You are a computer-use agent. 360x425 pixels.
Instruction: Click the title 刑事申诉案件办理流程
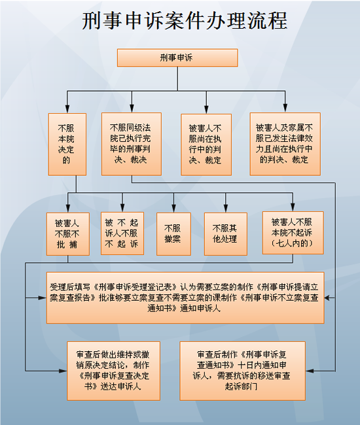(185, 20)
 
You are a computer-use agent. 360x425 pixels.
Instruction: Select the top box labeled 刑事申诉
(177, 58)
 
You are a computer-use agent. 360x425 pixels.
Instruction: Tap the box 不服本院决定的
(67, 144)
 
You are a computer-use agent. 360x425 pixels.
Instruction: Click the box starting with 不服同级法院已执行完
(132, 144)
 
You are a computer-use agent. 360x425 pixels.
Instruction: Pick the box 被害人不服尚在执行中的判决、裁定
(206, 144)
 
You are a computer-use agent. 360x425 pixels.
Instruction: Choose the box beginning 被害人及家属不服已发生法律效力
(285, 144)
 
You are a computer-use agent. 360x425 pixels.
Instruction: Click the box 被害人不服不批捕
(68, 234)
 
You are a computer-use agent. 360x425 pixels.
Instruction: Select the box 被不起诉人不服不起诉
(122, 233)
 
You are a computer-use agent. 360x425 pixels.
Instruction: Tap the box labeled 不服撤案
(173, 234)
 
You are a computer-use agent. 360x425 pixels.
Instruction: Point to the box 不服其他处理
(226, 234)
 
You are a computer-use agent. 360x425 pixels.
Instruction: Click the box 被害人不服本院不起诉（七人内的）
(293, 233)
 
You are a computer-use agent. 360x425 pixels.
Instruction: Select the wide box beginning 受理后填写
(185, 297)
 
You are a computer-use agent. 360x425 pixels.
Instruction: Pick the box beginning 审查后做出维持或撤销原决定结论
(114, 371)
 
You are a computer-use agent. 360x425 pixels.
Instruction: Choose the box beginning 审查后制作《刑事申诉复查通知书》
(243, 371)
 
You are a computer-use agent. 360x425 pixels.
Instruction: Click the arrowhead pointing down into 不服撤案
(173, 209)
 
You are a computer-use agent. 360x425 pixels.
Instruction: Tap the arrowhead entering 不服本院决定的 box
(67, 109)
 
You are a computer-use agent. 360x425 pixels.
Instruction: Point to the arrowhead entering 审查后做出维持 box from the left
(63, 371)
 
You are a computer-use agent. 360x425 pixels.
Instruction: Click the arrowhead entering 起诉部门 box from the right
(310, 371)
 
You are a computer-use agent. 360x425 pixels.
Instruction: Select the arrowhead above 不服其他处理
(226, 209)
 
